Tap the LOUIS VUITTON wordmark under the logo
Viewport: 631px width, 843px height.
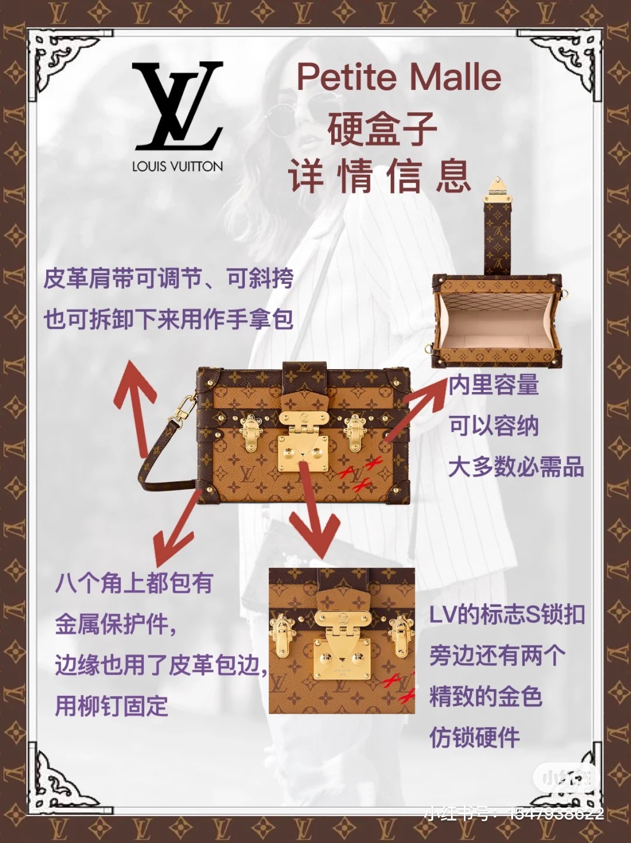[178, 166]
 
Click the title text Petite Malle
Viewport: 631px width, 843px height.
[399, 77]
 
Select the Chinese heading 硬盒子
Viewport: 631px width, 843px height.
[382, 129]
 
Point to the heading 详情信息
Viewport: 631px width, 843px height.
[380, 176]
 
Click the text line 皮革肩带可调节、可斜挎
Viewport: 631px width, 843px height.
[168, 279]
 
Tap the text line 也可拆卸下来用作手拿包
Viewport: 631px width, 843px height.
[168, 319]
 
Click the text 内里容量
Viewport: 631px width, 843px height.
[494, 384]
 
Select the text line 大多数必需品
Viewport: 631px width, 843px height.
[516, 467]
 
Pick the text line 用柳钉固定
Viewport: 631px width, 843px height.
[112, 705]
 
